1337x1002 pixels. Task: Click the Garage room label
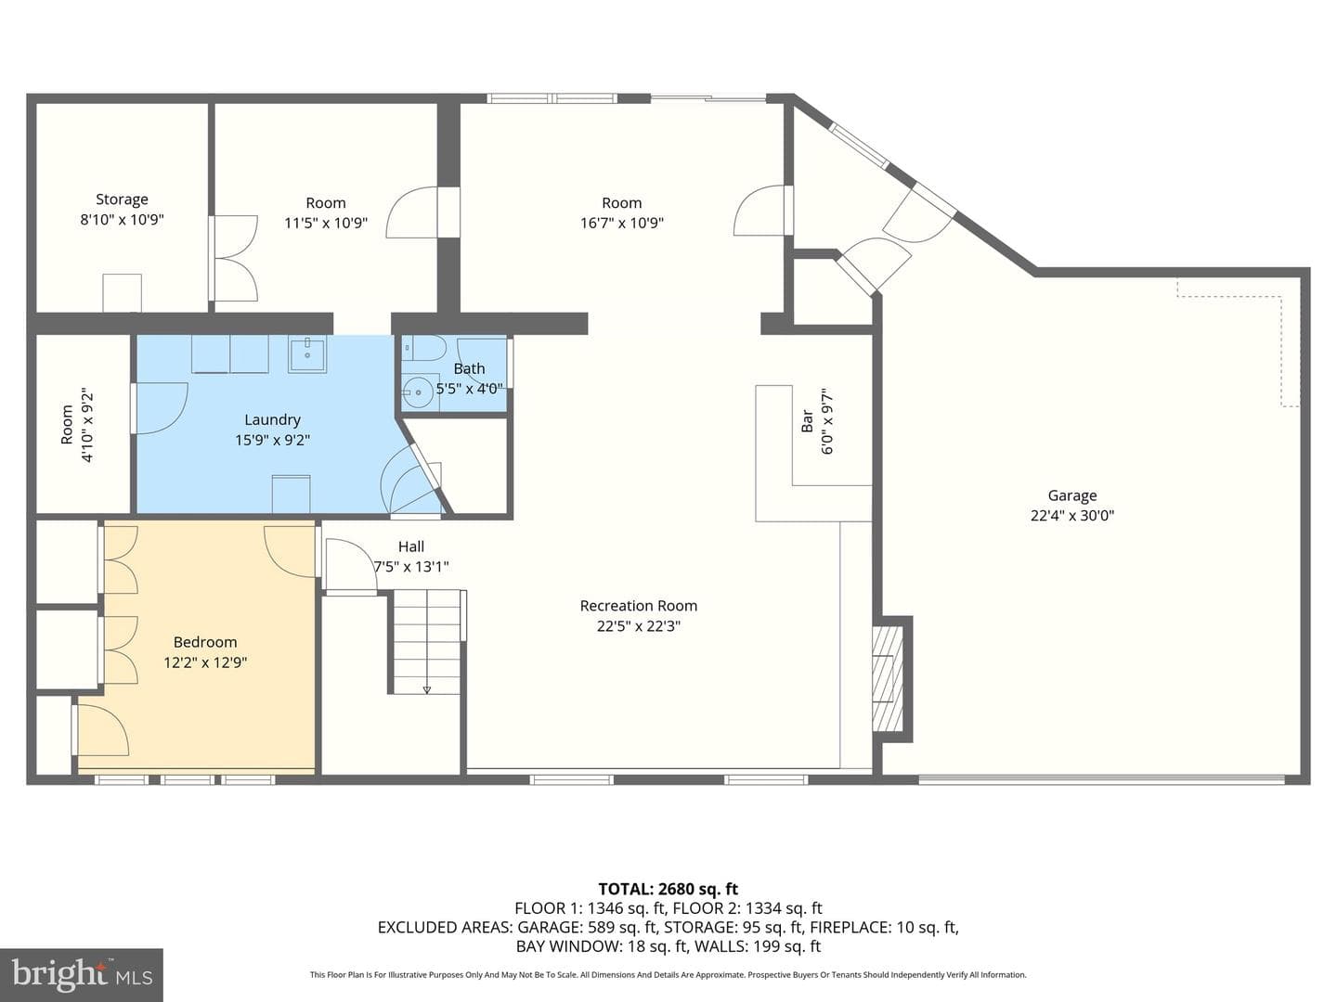pos(1072,495)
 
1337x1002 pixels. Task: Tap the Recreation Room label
pos(639,606)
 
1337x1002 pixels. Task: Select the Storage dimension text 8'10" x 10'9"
pos(123,220)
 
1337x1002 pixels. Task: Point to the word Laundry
pos(272,419)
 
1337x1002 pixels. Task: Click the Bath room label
pos(469,368)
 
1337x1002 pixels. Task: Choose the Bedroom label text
pos(205,642)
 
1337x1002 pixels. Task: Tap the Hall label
pos(411,547)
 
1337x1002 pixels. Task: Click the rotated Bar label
pos(807,421)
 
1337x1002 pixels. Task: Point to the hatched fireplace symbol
pos(888,679)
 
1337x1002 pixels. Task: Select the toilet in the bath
pos(425,348)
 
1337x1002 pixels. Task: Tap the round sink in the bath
pos(419,392)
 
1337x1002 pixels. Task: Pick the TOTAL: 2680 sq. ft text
pos(668,890)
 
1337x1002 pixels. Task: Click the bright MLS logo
pos(82,974)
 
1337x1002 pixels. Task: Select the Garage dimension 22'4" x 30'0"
pos(1072,516)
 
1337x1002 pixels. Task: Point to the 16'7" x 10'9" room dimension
pos(622,224)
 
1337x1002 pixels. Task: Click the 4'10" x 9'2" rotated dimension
pos(87,425)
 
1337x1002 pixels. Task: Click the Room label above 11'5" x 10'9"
pos(326,203)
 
